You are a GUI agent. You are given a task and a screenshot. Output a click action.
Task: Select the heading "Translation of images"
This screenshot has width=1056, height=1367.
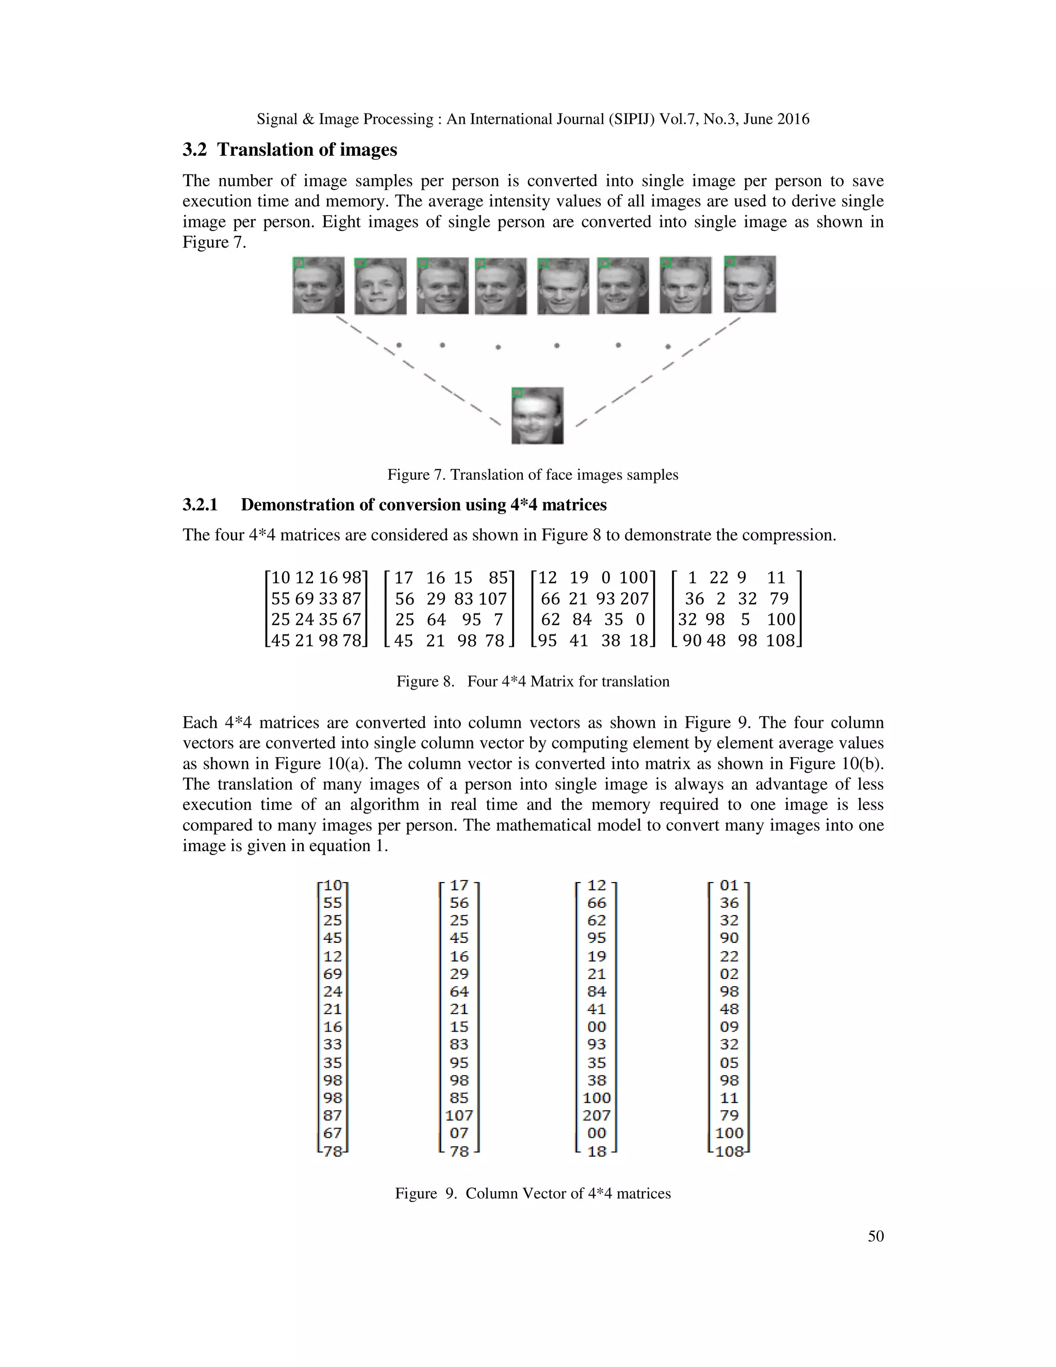[x=307, y=150]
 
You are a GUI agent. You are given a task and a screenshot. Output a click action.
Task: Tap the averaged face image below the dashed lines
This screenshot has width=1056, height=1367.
[x=537, y=416]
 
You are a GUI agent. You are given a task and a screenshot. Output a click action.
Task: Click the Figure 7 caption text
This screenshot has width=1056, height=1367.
[x=532, y=475]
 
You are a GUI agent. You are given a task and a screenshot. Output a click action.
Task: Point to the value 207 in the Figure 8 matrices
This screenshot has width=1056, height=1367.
[x=634, y=598]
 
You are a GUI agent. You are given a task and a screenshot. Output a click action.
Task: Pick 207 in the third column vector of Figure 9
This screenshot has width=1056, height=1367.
[x=597, y=1115]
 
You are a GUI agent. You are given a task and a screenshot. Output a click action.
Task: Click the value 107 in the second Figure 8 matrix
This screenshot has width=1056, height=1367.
[x=493, y=598]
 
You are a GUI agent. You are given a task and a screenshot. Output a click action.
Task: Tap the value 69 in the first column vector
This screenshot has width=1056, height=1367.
[x=333, y=974]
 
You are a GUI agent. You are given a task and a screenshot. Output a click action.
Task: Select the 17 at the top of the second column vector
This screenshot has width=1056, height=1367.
[x=459, y=886]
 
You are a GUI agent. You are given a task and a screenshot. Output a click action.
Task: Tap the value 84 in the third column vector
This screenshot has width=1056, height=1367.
[x=597, y=991]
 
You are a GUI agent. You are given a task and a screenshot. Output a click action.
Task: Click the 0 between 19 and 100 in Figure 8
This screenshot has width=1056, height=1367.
[x=605, y=577]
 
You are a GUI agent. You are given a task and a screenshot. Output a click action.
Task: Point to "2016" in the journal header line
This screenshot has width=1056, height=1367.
[x=793, y=119]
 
